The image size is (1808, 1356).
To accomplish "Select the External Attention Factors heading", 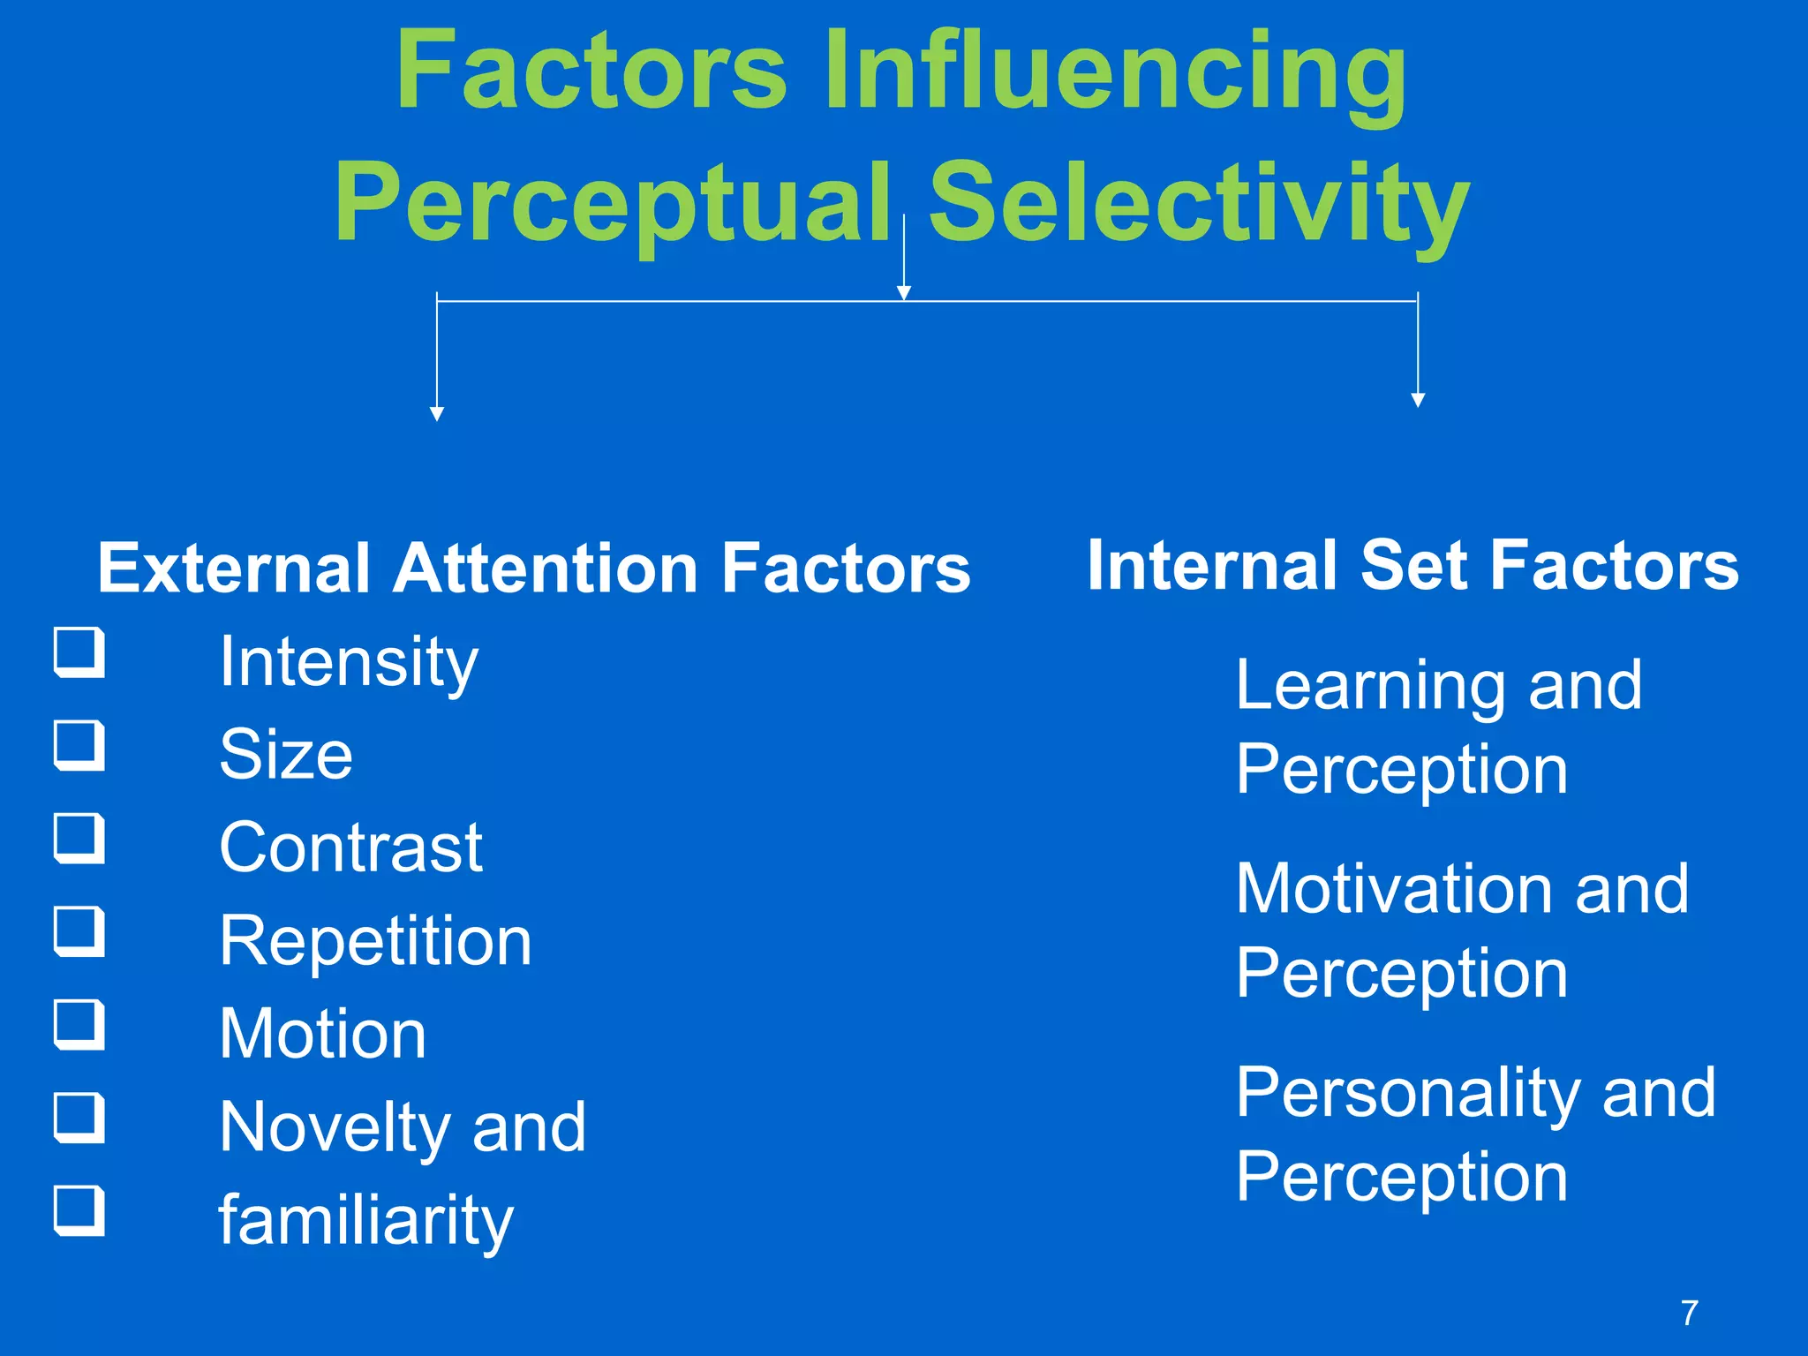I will [534, 568].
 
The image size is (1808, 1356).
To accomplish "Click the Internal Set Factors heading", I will [1412, 565].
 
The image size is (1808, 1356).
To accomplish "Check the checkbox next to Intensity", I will [79, 652].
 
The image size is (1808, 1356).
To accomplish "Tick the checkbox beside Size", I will [79, 745].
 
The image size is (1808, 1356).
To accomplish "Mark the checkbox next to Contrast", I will [79, 838].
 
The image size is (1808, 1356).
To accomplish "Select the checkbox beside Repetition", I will [79, 931].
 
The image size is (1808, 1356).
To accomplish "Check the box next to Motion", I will [79, 1024].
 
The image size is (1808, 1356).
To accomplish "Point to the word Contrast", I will [350, 847].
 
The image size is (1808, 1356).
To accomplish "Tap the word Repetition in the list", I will [375, 941].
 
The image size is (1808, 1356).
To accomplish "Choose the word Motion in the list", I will [323, 1034].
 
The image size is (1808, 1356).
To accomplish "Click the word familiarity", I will [365, 1220].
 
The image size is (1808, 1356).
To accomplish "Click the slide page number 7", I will [1690, 1313].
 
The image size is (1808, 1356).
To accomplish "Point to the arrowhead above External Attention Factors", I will [437, 414].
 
